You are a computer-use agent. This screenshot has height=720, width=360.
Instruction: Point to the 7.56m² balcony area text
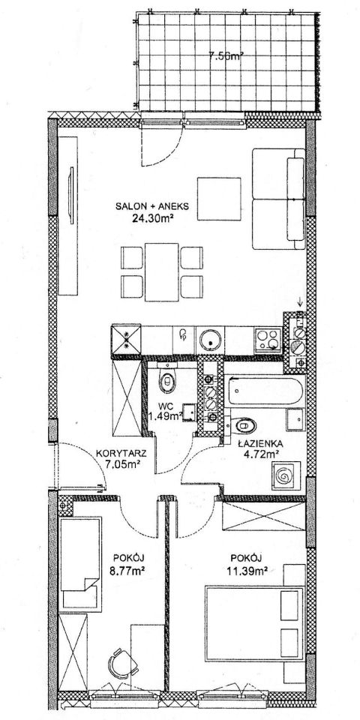(226, 57)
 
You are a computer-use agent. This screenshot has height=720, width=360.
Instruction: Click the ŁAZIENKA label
(260, 443)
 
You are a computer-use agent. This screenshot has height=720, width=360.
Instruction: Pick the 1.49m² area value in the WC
(167, 416)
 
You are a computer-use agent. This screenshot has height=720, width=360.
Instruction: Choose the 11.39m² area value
(247, 571)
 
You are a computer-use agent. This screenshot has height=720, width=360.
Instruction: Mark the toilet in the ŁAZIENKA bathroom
(242, 426)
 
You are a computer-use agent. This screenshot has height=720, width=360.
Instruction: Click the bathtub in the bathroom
(265, 390)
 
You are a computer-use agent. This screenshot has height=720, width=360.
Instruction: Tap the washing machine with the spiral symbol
(286, 477)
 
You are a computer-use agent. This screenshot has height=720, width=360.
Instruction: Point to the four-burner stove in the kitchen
(268, 340)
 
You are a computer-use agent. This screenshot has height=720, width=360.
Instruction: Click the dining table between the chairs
(162, 271)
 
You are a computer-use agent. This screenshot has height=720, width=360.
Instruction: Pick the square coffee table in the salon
(219, 199)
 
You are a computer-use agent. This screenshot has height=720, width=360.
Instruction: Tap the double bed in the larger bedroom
(254, 623)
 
